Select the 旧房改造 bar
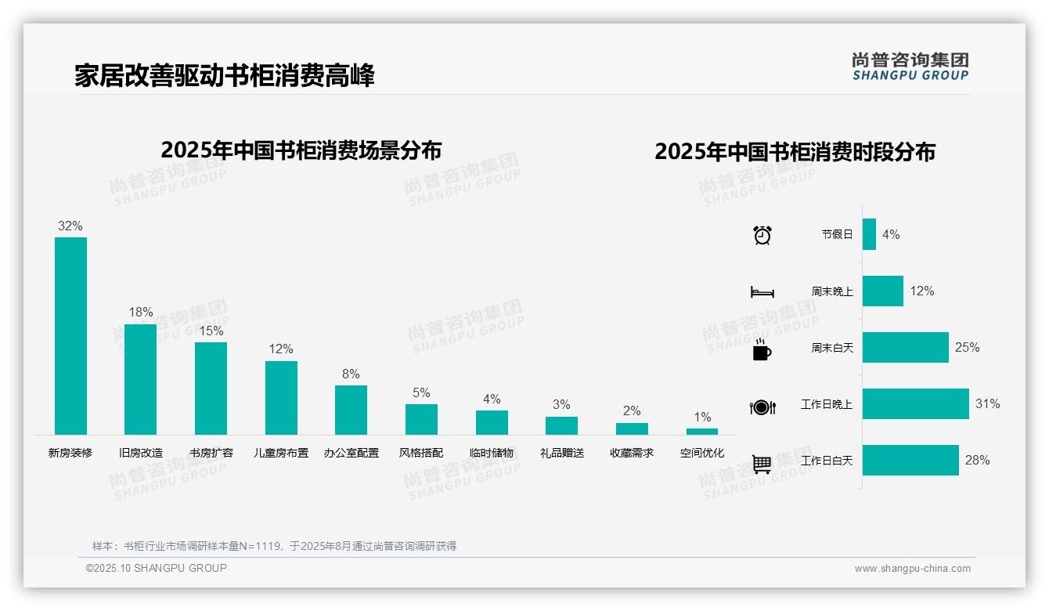[141, 379]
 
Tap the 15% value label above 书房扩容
[211, 331]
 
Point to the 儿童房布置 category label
[281, 453]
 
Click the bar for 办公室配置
[351, 410]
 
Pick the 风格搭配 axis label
[421, 453]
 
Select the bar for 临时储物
[492, 422]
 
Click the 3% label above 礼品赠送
[561, 405]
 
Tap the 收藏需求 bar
[632, 428]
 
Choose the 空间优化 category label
[702, 453]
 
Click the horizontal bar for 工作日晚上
[915, 404]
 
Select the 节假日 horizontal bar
[869, 234]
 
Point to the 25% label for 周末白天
[967, 347]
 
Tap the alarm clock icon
[762, 234]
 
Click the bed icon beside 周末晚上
[762, 292]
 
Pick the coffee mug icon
[762, 349]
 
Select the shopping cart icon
[762, 464]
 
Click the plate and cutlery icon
[762, 407]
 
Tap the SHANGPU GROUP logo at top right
[910, 67]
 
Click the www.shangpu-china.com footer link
[912, 569]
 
